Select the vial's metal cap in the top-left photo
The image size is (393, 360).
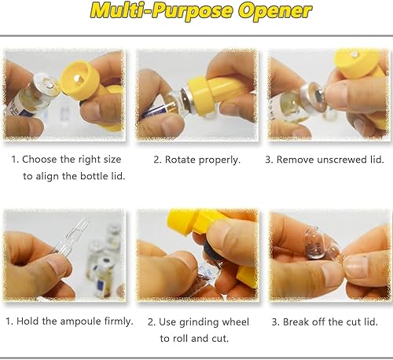point(45,88)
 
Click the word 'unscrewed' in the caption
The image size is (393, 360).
point(330,159)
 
